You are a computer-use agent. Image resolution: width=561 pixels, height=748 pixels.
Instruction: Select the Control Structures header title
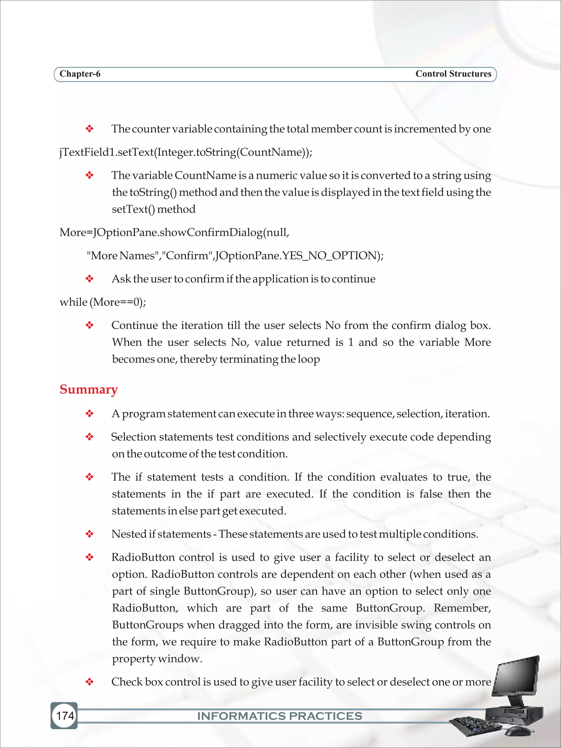pyautogui.click(x=453, y=74)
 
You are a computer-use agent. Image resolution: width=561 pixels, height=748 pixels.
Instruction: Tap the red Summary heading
pyautogui.click(x=88, y=389)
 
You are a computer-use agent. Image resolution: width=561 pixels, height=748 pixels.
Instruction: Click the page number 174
pyautogui.click(x=65, y=715)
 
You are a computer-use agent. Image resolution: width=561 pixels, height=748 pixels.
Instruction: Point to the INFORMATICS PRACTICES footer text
pyautogui.click(x=279, y=716)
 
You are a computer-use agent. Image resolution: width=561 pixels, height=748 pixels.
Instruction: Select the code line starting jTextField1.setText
pyautogui.click(x=186, y=152)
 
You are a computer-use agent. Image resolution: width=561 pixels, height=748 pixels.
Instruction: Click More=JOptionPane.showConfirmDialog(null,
pyautogui.click(x=174, y=233)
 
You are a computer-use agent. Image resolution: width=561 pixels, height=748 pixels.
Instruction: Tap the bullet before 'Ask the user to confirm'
pyautogui.click(x=89, y=279)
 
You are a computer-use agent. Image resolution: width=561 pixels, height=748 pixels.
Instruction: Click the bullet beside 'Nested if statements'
pyautogui.click(x=89, y=534)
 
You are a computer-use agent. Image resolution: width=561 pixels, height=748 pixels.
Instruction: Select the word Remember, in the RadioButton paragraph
pyautogui.click(x=462, y=608)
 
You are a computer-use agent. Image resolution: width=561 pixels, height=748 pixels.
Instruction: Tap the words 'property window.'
pyautogui.click(x=157, y=658)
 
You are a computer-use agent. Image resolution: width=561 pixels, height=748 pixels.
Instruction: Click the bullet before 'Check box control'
pyautogui.click(x=89, y=682)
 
